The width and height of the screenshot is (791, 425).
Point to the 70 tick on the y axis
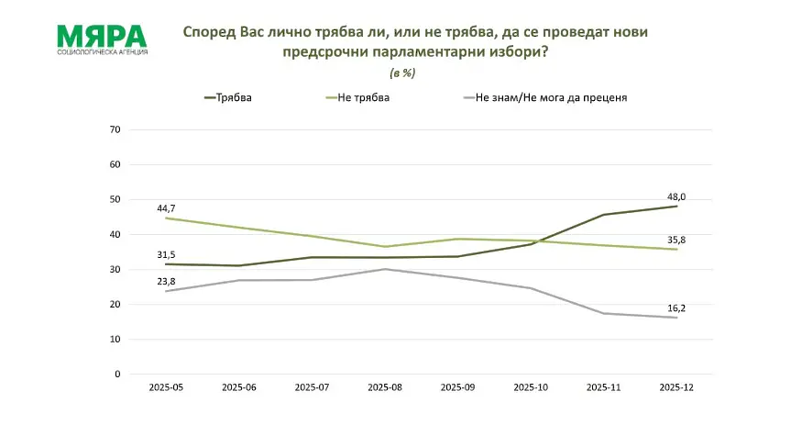pos(115,129)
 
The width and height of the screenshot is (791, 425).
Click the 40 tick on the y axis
pos(115,234)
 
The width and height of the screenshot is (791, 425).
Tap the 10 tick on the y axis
pos(115,340)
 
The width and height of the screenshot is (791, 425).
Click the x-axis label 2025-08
pos(386,387)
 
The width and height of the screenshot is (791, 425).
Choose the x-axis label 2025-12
pos(676,387)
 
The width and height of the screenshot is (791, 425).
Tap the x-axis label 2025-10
pos(532,387)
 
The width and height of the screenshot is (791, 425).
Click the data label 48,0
pos(676,195)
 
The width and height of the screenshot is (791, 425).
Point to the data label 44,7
pos(166,208)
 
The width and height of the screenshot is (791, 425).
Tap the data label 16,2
pos(676,308)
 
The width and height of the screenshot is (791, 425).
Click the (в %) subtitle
pos(404,72)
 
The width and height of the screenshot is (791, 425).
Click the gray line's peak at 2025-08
pos(386,269)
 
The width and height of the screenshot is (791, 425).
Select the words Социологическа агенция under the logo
pos(102,52)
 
